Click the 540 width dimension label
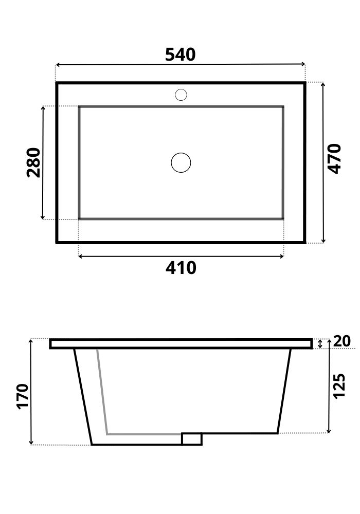pyautogui.click(x=180, y=54)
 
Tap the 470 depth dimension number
pyautogui.click(x=335, y=159)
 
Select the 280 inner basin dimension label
pyautogui.click(x=33, y=162)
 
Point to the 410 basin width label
pyautogui.click(x=181, y=268)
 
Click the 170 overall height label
pyautogui.click(x=23, y=396)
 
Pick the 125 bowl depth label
pyautogui.click(x=339, y=386)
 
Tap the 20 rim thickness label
pyautogui.click(x=341, y=341)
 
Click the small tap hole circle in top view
pyautogui.click(x=181, y=95)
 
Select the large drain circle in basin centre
pyautogui.click(x=181, y=162)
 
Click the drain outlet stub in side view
pyautogui.click(x=192, y=439)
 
